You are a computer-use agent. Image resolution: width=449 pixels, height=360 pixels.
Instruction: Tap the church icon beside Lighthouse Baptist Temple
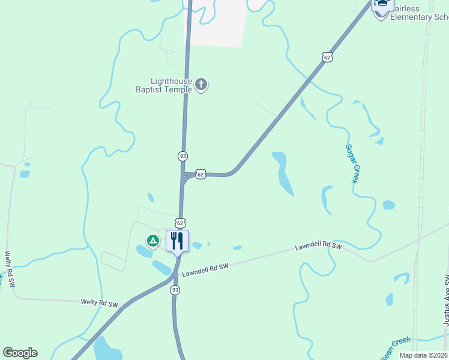(x=202, y=85)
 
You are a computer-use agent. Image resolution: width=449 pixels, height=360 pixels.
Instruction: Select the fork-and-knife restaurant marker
(x=177, y=241)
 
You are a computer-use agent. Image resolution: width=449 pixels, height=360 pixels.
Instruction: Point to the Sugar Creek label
(x=352, y=163)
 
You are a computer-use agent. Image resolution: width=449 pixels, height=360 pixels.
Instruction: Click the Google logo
(x=20, y=353)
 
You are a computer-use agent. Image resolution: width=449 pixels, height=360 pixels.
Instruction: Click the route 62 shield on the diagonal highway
(x=326, y=57)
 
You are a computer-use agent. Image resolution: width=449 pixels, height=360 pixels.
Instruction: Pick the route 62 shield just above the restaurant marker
(x=181, y=223)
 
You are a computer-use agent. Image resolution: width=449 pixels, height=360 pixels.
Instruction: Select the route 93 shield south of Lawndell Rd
(x=175, y=290)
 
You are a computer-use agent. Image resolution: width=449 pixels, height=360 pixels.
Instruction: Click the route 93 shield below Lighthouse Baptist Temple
(x=182, y=156)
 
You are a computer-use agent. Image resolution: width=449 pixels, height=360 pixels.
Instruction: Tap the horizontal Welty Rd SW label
(x=100, y=303)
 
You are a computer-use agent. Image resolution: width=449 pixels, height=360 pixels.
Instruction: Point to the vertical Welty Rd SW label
(x=9, y=270)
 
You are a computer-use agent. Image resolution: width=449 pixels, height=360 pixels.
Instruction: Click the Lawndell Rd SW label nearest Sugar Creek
(x=318, y=246)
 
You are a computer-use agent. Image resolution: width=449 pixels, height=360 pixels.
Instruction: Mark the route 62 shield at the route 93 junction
(x=200, y=173)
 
